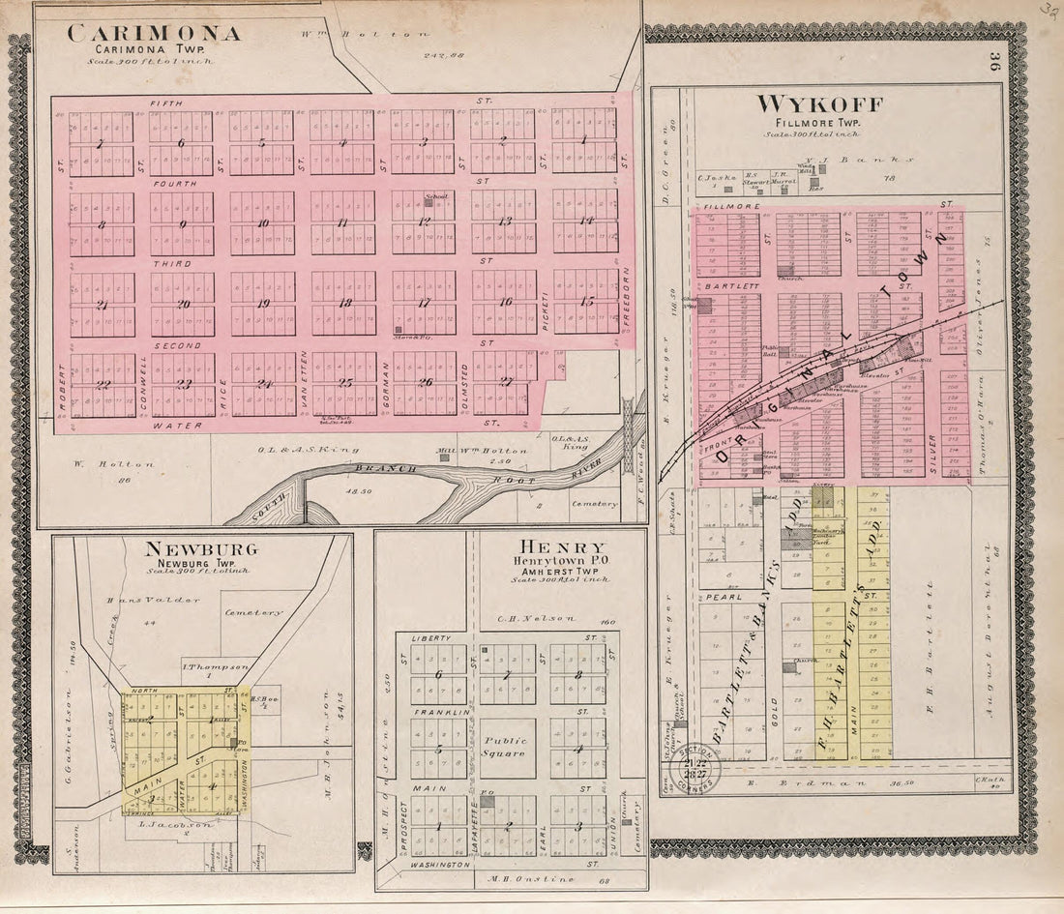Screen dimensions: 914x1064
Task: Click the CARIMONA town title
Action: (154, 34)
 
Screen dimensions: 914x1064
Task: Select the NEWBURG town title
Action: (200, 549)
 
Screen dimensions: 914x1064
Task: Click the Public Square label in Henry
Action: (503, 747)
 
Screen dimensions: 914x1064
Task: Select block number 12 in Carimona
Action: (424, 221)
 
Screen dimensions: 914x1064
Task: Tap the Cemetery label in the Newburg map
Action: (253, 612)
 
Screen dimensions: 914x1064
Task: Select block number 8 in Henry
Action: (577, 674)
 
